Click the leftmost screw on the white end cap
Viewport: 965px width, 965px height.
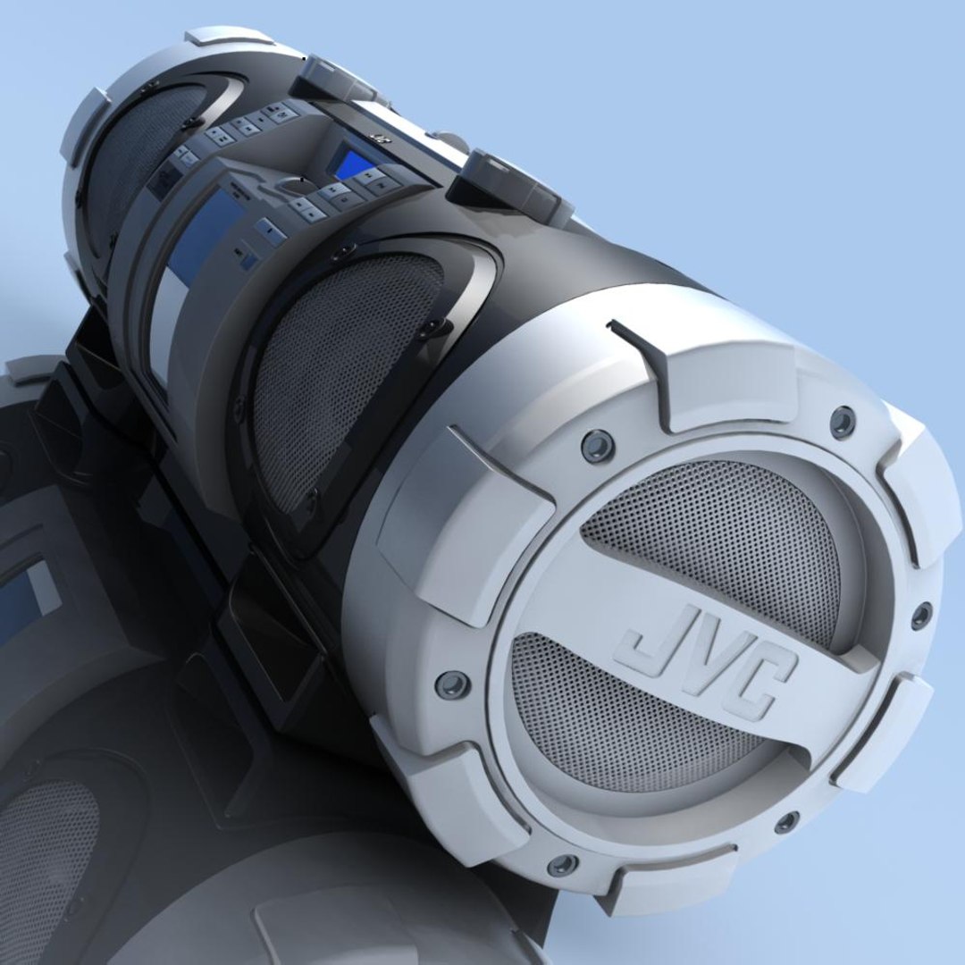click(452, 684)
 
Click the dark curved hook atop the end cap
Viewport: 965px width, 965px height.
click(643, 357)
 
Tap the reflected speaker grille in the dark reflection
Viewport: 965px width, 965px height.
click(45, 858)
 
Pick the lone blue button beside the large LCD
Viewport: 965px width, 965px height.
click(268, 232)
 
